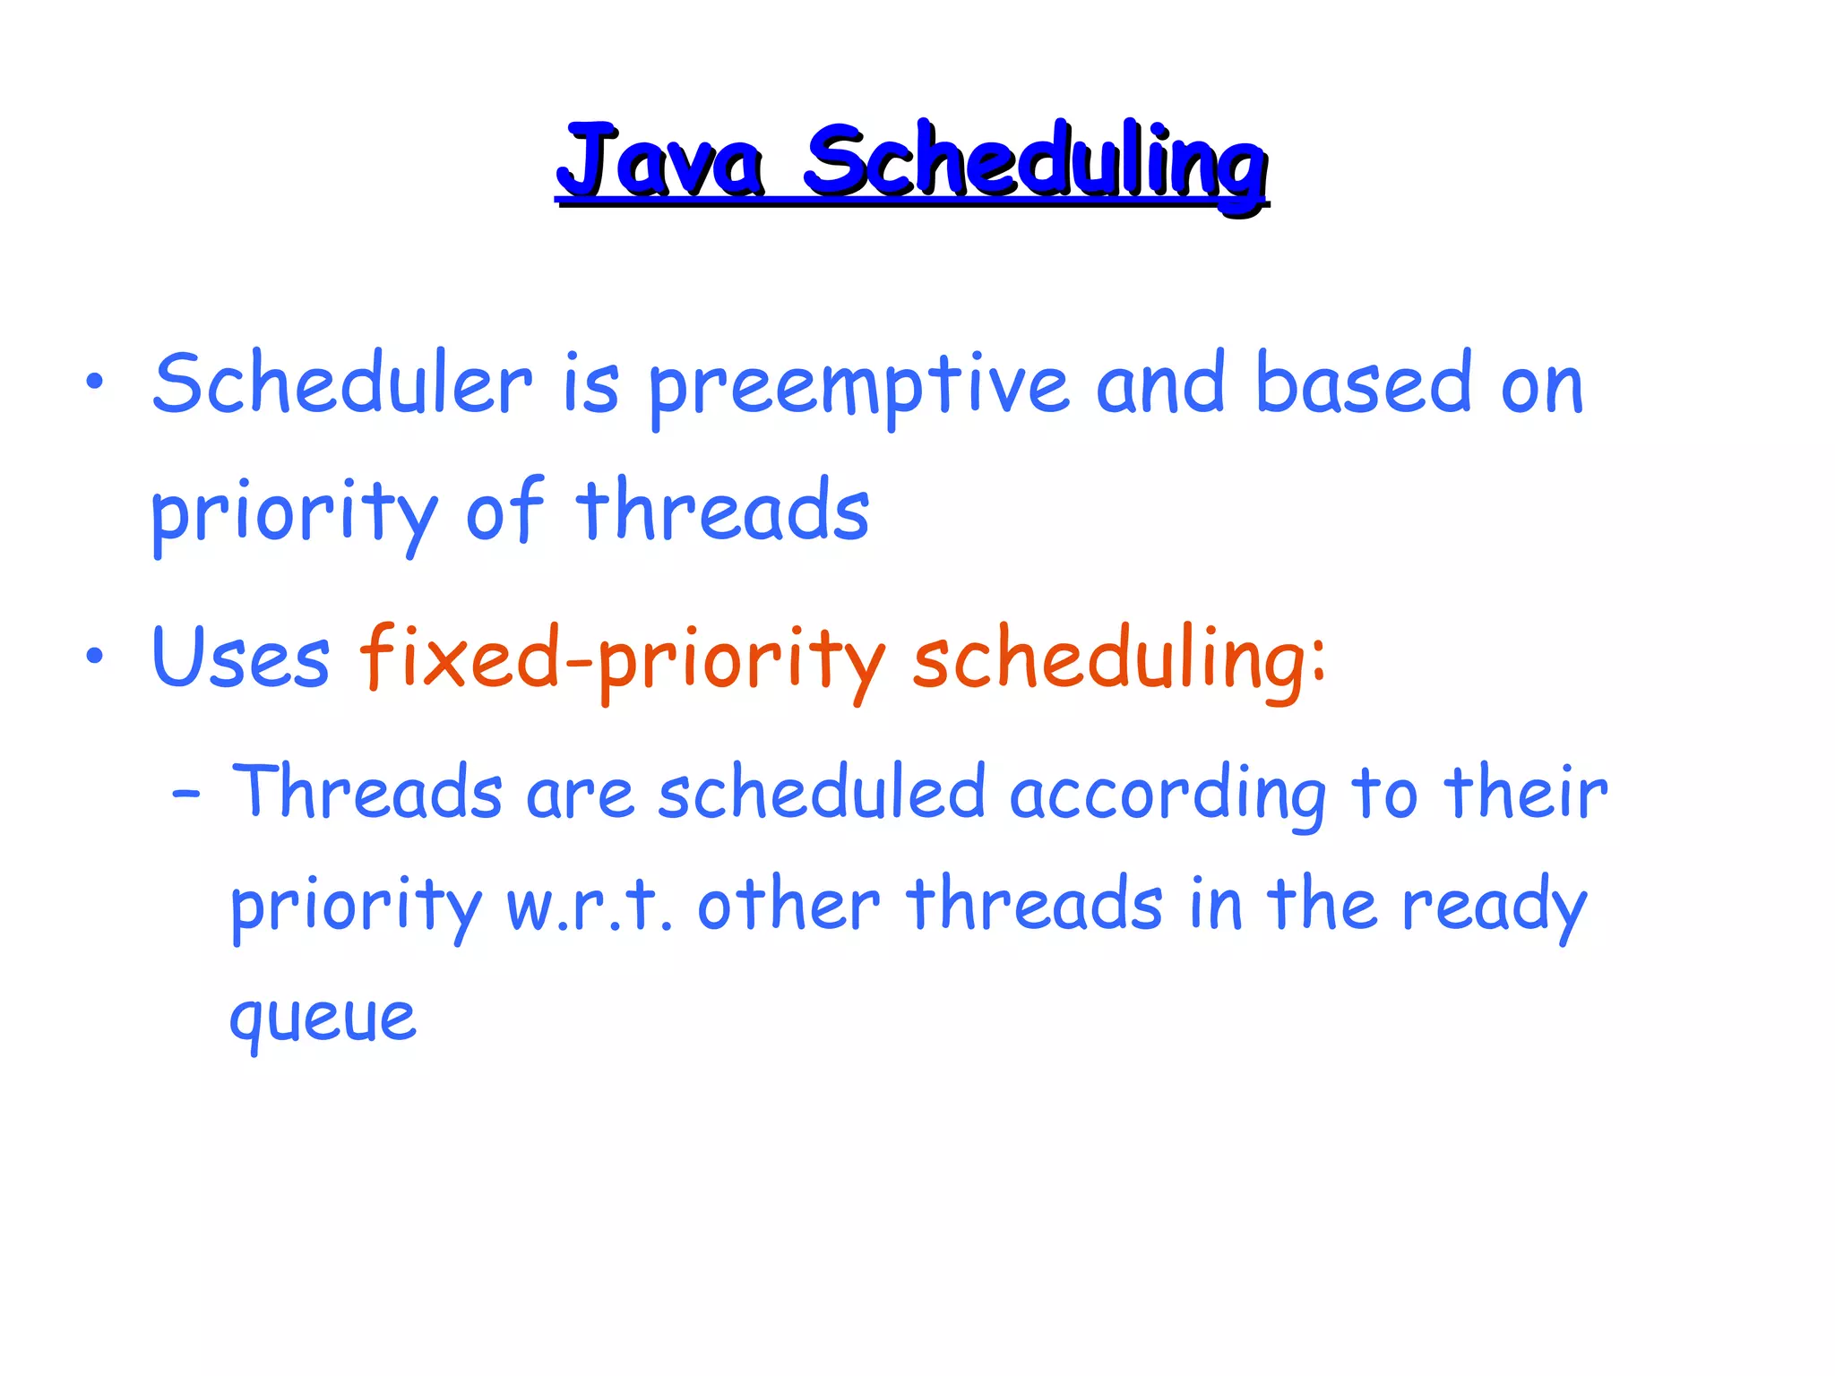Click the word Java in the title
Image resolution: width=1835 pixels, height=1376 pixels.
click(x=661, y=163)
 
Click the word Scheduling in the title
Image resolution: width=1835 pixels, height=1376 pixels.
click(x=1035, y=163)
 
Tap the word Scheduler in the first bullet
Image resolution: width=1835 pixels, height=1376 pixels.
click(x=342, y=385)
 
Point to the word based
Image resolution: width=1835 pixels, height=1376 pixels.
click(x=1363, y=385)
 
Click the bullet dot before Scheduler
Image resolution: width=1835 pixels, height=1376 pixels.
click(x=94, y=384)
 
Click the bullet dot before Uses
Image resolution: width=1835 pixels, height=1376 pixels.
click(x=94, y=658)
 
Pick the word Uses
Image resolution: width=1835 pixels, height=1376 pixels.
click(x=241, y=658)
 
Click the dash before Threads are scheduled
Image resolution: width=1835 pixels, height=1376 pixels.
click(x=186, y=794)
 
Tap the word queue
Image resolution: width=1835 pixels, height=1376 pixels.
click(x=323, y=1019)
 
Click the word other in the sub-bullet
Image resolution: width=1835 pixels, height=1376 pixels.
click(x=789, y=905)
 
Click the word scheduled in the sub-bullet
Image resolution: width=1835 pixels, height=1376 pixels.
click(x=822, y=792)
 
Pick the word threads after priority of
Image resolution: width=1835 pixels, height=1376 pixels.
click(x=722, y=512)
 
